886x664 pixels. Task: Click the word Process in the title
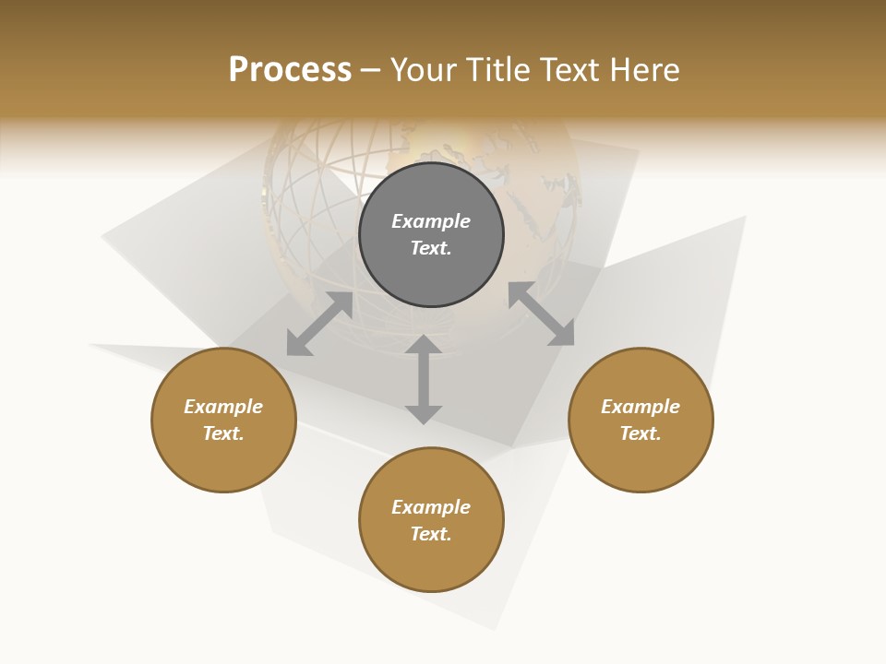point(290,70)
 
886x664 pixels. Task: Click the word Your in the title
point(423,70)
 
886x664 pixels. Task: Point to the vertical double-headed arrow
point(424,379)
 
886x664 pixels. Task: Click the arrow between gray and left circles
point(320,324)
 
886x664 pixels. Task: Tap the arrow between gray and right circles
point(541,314)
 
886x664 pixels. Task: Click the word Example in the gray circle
point(431,221)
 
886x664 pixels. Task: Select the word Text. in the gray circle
point(431,248)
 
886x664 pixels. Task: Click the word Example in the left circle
point(223,407)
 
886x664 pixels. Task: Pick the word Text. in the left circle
point(223,433)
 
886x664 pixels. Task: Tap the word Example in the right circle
point(641,407)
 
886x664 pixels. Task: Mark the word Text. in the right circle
point(641,433)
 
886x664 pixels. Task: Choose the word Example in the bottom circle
point(431,507)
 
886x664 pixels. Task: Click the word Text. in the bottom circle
point(431,534)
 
